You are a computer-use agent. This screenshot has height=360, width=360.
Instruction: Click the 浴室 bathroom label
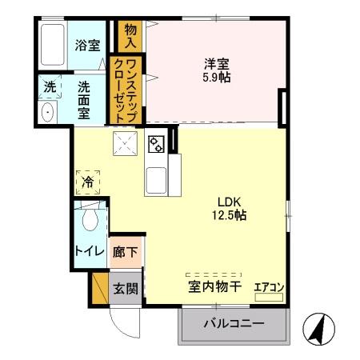click(x=88, y=46)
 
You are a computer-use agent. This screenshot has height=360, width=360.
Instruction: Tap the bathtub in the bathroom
click(x=54, y=47)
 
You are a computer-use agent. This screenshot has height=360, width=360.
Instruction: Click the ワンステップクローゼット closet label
click(x=130, y=89)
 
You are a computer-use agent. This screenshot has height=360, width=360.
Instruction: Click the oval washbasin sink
click(x=46, y=112)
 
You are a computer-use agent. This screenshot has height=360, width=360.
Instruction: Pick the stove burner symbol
click(x=156, y=145)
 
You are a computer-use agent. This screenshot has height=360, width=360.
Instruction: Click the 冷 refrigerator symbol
click(x=88, y=183)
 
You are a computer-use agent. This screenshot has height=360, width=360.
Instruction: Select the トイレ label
click(x=89, y=250)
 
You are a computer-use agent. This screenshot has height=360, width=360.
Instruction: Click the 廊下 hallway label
click(x=124, y=250)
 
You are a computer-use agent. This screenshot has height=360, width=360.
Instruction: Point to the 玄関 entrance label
click(x=124, y=287)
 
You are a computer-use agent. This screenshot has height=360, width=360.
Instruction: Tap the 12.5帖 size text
click(x=229, y=215)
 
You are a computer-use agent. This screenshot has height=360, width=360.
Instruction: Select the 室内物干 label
click(x=214, y=285)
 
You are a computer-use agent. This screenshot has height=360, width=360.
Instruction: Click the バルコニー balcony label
click(x=233, y=325)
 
